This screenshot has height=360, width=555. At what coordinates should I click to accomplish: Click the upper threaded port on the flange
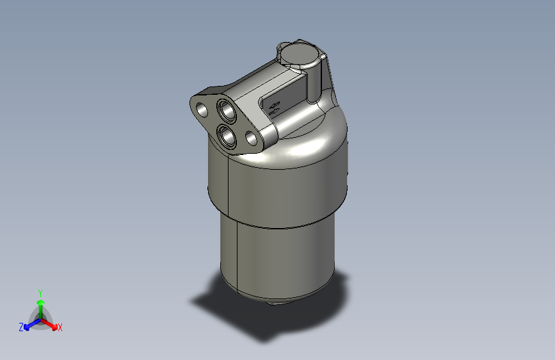tap(227, 110)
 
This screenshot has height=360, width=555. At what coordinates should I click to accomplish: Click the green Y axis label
tap(40, 291)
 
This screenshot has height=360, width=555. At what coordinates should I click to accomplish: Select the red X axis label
tap(60, 328)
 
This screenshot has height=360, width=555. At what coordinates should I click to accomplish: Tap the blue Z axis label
tap(21, 327)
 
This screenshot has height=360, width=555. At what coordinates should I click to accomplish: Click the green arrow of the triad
tap(40, 304)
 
